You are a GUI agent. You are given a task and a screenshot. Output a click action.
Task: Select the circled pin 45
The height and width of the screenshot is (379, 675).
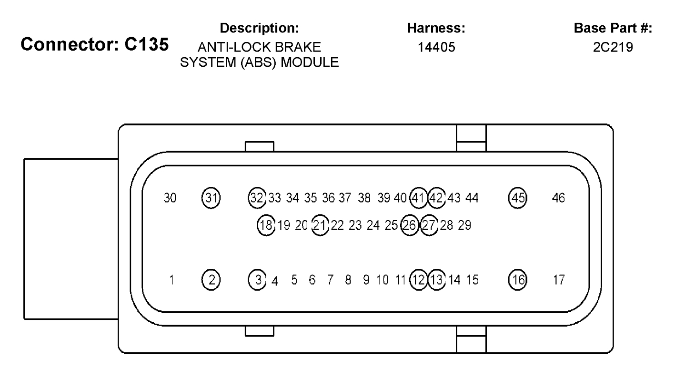click(517, 197)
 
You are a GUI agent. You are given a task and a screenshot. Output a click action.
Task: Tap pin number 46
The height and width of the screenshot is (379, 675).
click(558, 197)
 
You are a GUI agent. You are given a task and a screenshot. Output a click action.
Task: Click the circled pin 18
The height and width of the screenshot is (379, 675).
click(266, 225)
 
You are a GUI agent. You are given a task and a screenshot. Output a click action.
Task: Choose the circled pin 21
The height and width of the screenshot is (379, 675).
click(321, 225)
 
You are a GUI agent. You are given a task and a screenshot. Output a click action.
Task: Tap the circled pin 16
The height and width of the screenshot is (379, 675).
click(517, 279)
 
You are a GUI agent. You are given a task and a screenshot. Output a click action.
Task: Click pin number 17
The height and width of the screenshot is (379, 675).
click(558, 279)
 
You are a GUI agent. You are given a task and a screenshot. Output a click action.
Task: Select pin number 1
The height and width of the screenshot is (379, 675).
click(171, 279)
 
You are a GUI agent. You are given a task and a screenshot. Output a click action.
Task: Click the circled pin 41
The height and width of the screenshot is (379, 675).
click(419, 197)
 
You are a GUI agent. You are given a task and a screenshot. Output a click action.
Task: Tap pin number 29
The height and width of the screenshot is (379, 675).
click(464, 225)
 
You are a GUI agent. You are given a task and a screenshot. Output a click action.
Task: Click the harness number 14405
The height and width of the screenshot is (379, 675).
click(436, 47)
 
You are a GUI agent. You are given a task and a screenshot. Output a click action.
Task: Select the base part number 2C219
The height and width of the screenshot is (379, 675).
click(612, 47)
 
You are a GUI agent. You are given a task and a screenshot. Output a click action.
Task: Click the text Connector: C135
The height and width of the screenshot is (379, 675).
click(94, 44)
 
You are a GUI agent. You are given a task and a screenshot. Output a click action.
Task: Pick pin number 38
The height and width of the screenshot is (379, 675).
click(364, 197)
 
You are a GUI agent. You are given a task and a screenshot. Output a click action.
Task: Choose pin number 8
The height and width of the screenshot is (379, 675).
click(348, 279)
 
